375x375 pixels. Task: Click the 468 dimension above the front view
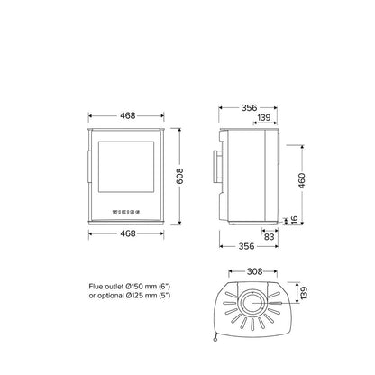click(128, 115)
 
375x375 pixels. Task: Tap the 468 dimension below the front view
click(128, 233)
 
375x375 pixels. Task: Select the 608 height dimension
click(179, 177)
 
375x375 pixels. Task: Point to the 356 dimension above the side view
click(249, 107)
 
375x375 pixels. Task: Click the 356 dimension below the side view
click(246, 246)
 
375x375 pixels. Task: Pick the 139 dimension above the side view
click(264, 117)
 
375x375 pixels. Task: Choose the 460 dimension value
click(302, 180)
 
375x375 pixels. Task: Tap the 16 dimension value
click(294, 220)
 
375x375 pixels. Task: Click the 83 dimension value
click(269, 237)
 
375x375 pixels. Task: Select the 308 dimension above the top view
click(254, 271)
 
